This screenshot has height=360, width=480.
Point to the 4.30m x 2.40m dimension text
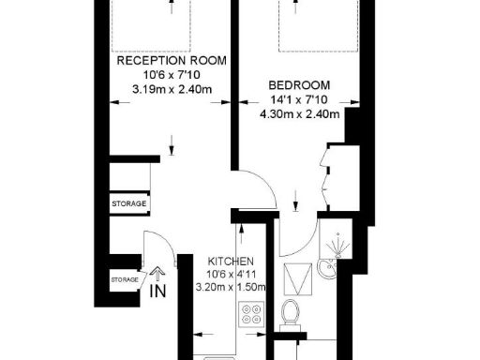coord(298,114)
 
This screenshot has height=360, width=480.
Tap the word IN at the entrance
coord(157,291)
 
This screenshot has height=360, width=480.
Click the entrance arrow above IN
coord(157,275)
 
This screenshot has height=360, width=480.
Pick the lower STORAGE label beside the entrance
coord(126,279)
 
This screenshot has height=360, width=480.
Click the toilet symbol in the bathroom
coord(290,312)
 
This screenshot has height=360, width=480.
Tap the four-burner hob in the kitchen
coord(251,315)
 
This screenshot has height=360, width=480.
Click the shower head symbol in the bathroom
coord(334,246)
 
